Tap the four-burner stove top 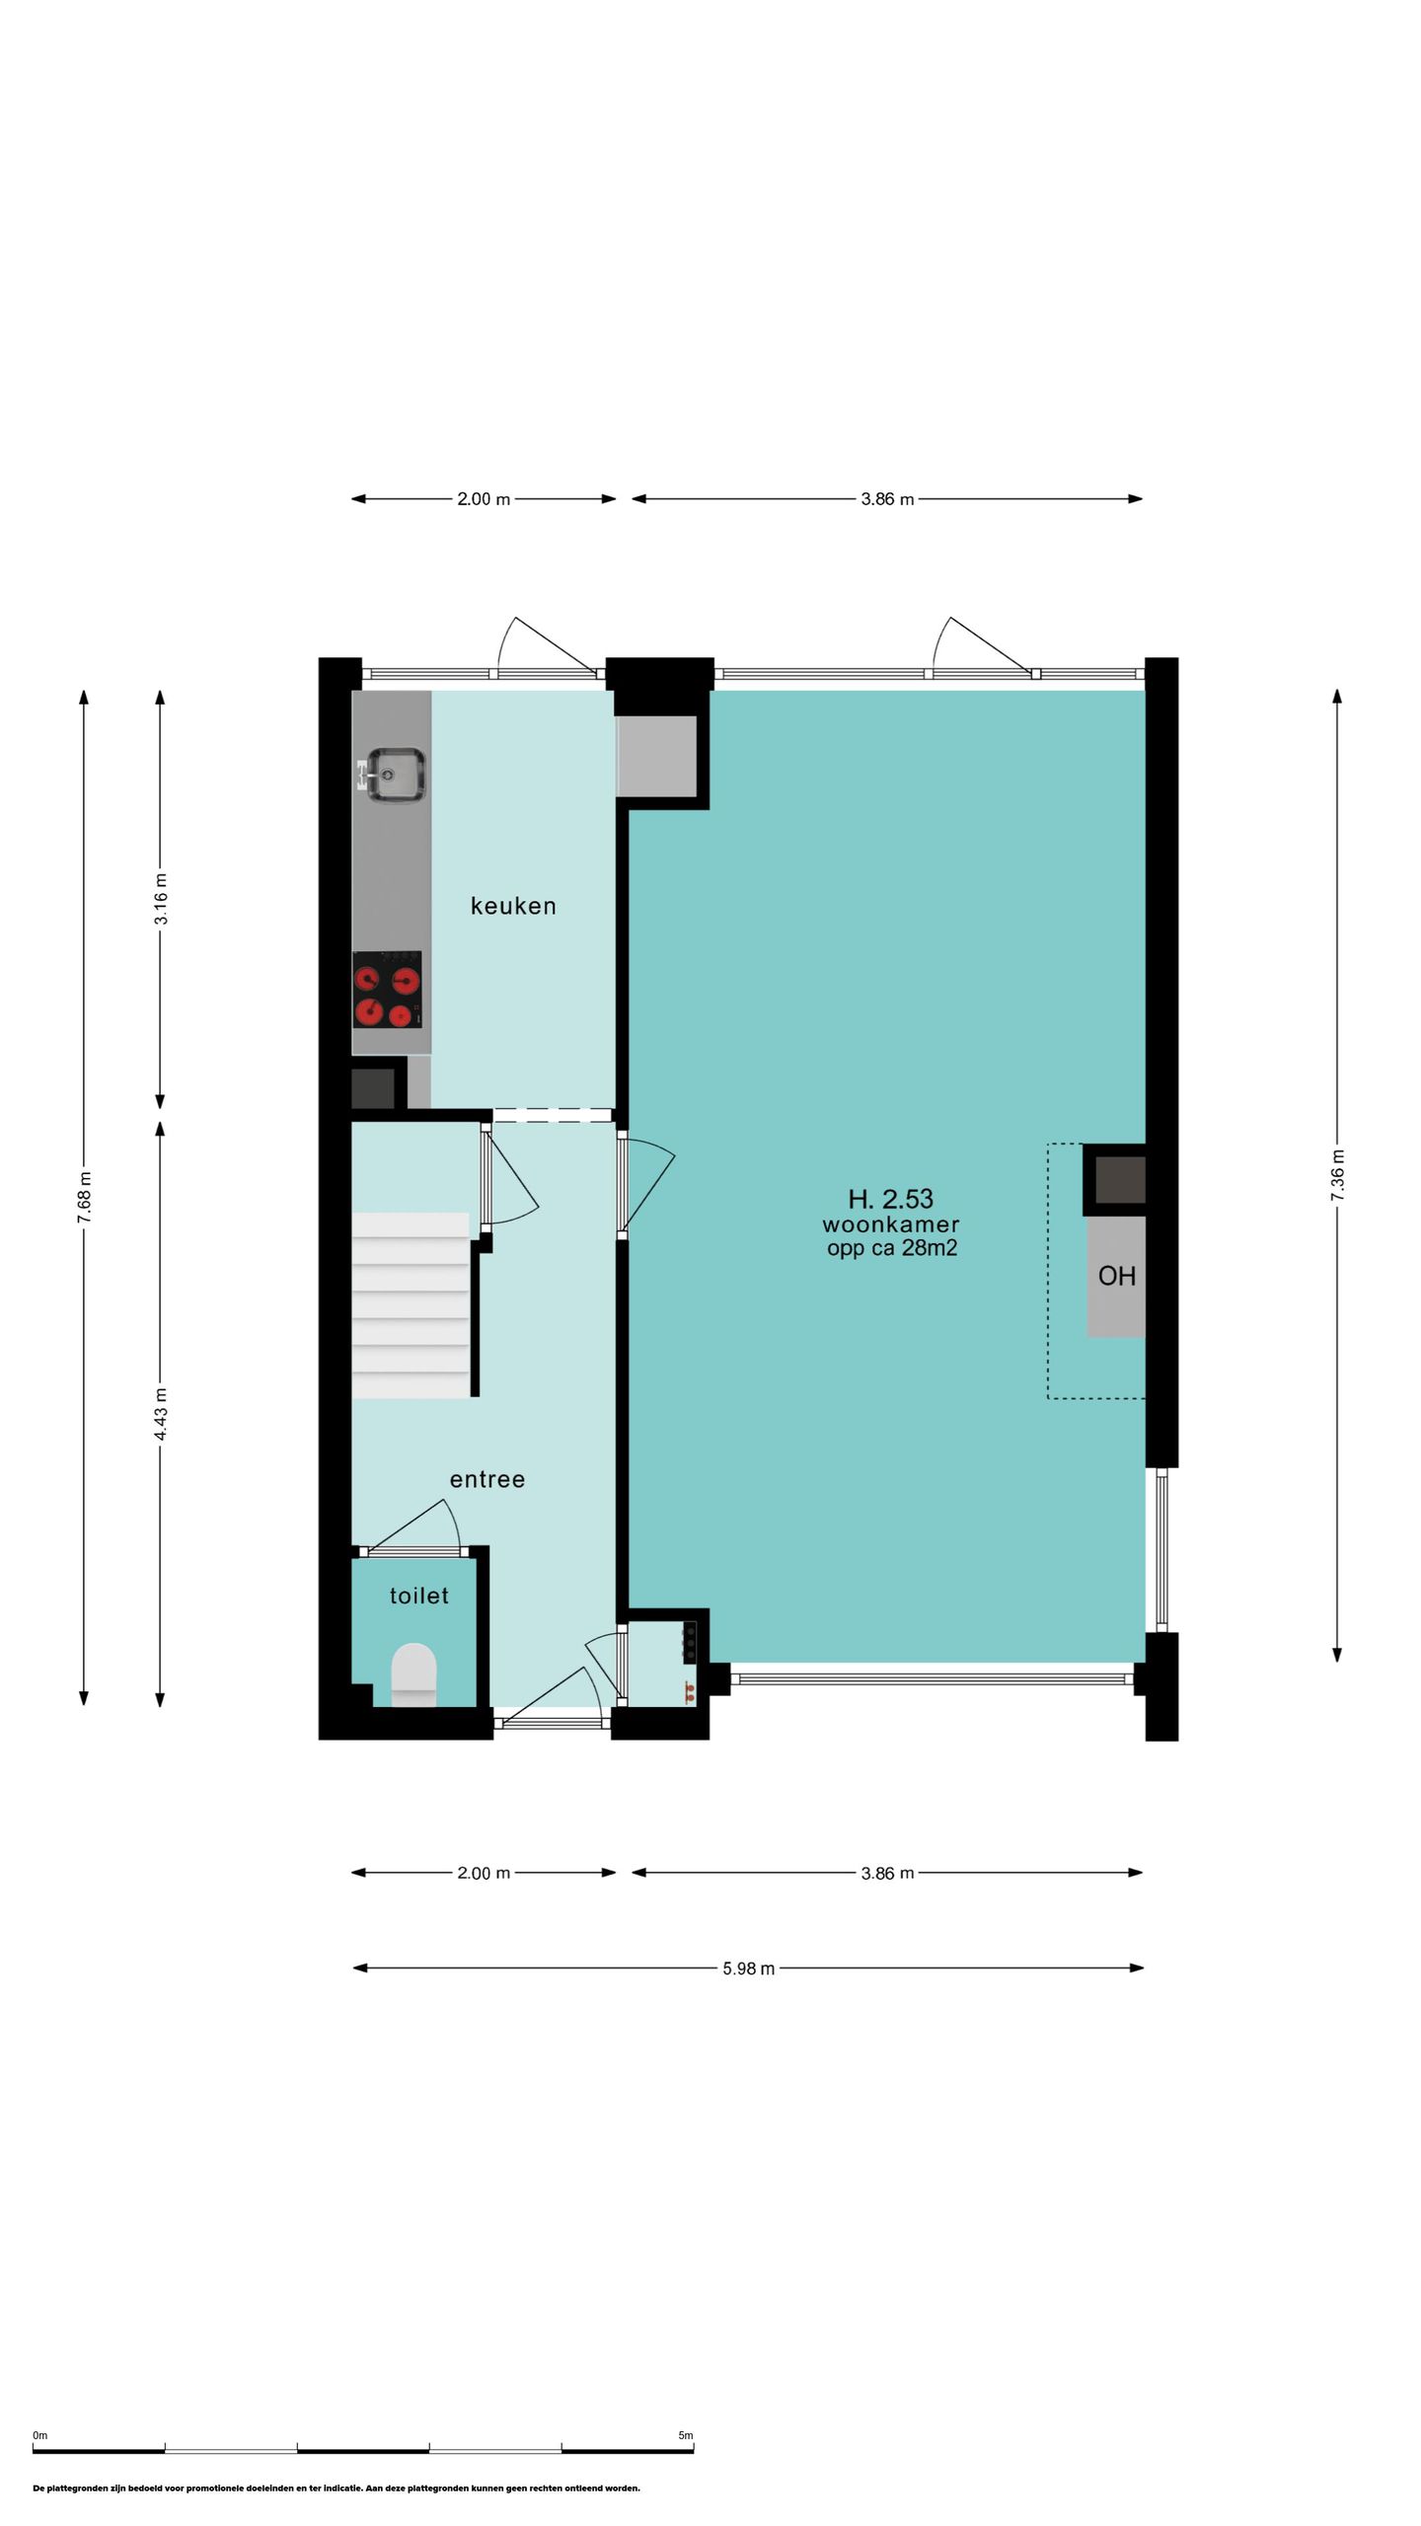[387, 989]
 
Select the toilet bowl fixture [413, 1673]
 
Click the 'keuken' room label [513, 906]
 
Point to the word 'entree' [487, 1479]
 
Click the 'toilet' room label [419, 1596]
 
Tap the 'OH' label [1116, 1276]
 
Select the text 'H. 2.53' [891, 1199]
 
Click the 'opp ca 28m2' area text [892, 1248]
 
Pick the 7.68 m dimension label [84, 1198]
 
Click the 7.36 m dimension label [1337, 1175]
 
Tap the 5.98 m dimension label [748, 1969]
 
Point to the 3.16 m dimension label [160, 899]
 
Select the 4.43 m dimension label [160, 1413]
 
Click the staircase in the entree [411, 1304]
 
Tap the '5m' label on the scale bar [686, 2435]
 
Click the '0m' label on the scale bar [39, 2435]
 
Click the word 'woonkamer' [891, 1225]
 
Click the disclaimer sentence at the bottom [337, 2489]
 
